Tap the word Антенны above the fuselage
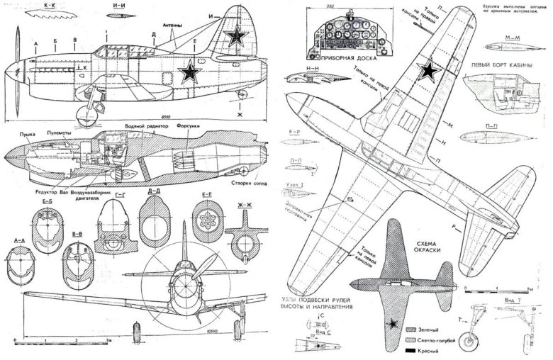point(173,26)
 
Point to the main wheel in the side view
point(86,113)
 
